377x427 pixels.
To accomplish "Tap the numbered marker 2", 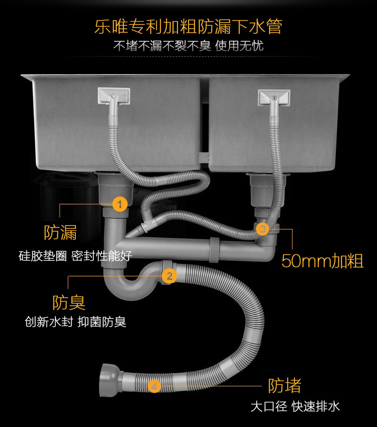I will (168, 276).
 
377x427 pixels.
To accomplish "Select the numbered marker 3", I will (262, 229).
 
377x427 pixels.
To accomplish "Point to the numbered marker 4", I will (154, 385).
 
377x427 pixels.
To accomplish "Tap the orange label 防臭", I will (69, 302).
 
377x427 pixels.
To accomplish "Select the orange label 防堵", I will (284, 385).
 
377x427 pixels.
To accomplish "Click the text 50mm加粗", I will (322, 261).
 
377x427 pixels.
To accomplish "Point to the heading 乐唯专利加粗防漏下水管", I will (188, 26).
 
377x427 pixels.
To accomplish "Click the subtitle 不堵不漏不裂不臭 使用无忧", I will (188, 46).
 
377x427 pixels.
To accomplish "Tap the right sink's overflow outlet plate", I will (274, 97).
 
